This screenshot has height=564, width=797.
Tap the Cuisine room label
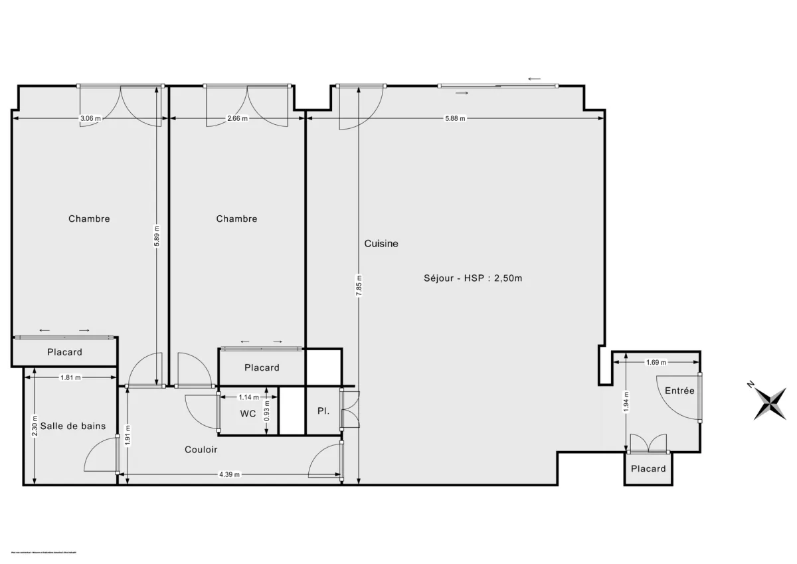coord(381,244)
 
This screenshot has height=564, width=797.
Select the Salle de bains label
coord(73,426)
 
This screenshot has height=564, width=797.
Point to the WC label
coord(248,413)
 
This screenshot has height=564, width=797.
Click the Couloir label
coord(201,450)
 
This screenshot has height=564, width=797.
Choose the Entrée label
coord(679,391)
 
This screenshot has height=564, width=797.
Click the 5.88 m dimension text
coord(455,119)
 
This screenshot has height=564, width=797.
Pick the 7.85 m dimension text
coord(359,287)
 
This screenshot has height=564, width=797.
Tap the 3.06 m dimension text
coord(90,119)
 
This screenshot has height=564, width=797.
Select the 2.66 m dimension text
coord(237,119)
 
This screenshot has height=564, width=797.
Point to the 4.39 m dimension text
coord(229,474)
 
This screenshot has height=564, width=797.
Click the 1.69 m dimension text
coord(656,362)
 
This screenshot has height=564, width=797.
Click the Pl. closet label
coord(323,412)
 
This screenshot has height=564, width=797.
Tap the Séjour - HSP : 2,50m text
coord(473,278)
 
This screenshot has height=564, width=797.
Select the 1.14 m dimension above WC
coord(248,397)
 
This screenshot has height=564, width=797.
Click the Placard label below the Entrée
coord(648,469)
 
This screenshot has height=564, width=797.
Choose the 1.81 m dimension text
coord(70,378)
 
